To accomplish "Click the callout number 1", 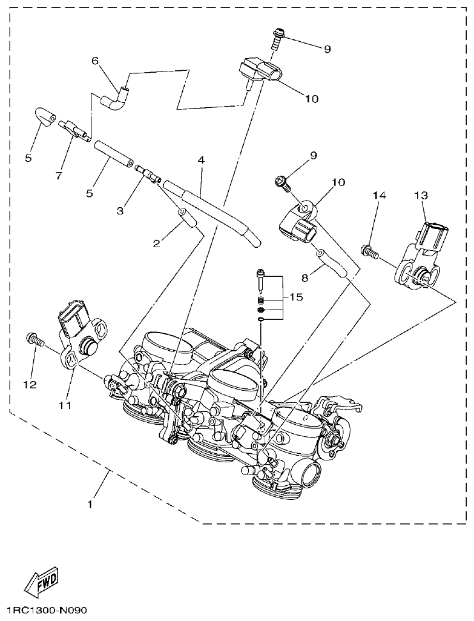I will pos(90,503).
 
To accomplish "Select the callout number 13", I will pos(421,195).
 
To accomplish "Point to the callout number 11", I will pos(65,404).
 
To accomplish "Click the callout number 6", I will pos(95,61).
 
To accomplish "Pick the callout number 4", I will pos(200,161).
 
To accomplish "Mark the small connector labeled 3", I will pos(147,173).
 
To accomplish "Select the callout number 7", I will pos(59,176).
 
